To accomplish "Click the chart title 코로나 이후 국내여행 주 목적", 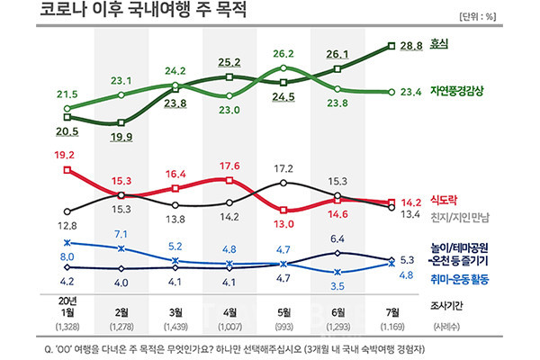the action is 143,10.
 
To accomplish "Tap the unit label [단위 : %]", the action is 477,16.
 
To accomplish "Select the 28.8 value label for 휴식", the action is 411,46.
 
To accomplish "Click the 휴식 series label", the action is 439,44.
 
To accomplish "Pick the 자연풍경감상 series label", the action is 456,91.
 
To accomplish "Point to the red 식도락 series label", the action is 444,200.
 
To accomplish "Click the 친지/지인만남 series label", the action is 459,218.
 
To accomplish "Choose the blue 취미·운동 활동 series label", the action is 459,279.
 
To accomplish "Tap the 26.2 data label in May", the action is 283,54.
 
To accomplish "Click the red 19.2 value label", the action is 65,155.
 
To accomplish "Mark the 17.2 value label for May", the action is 283,169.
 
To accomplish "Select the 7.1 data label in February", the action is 121,234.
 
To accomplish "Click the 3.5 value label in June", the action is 337,286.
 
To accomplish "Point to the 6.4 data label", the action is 337,238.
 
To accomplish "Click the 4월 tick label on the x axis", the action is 229,312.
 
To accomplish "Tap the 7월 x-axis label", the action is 392,312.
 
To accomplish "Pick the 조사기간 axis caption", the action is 446,306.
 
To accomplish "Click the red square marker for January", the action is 67,170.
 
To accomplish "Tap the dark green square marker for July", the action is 391,46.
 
